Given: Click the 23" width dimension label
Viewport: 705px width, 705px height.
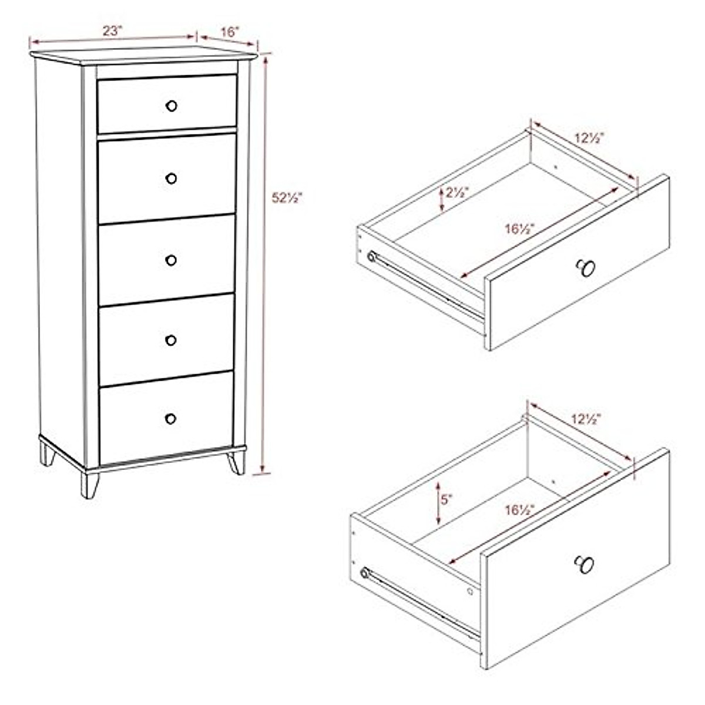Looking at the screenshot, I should [x=112, y=31].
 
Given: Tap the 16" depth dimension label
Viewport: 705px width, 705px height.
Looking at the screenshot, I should [x=229, y=31].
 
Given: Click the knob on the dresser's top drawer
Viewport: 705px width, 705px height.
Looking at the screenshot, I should [x=172, y=106].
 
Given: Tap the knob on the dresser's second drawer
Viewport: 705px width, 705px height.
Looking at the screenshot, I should [x=171, y=178].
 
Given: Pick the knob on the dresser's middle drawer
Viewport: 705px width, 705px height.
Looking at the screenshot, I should [x=171, y=260].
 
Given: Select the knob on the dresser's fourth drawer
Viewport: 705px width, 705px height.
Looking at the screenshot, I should [x=171, y=340].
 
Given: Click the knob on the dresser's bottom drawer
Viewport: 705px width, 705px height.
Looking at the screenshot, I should [x=170, y=419].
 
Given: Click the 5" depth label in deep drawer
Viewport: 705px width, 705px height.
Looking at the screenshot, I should [x=447, y=500].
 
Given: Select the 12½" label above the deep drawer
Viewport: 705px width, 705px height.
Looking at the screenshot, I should [x=586, y=419].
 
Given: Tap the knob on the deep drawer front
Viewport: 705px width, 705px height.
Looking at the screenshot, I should [x=584, y=564].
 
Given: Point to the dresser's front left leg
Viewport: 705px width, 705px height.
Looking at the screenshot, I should [x=89, y=485].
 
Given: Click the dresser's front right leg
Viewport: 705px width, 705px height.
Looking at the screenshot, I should [x=237, y=462].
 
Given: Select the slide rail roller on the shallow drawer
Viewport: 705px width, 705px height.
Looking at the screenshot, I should [x=371, y=257].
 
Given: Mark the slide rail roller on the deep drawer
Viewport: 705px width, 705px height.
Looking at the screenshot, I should [x=365, y=573].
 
